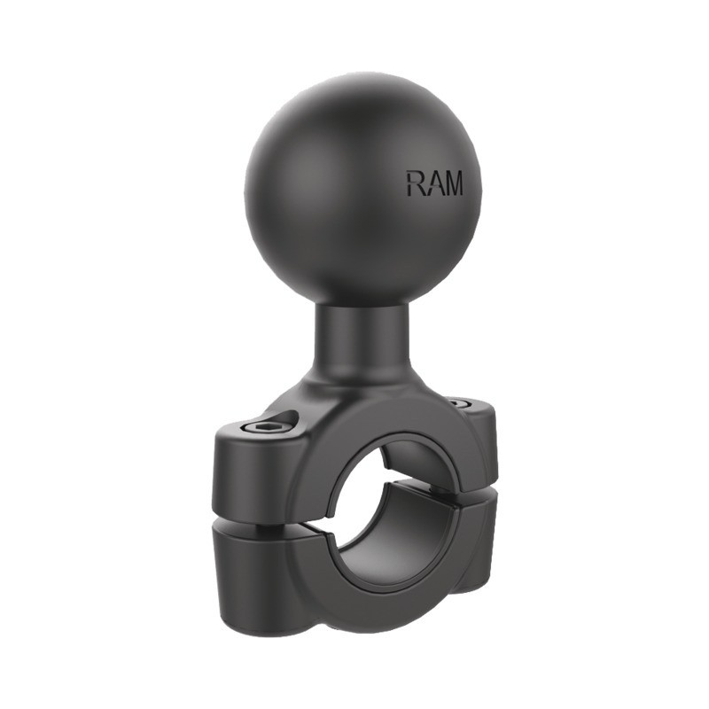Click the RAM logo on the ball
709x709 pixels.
point(434,183)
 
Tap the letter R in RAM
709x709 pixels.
point(415,183)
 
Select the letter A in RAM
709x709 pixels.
point(432,183)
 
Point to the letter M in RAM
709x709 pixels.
point(453,183)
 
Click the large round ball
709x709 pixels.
point(362,189)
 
